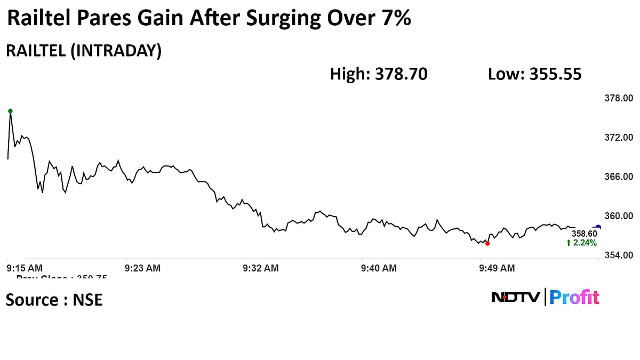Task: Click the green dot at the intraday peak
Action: (10, 111)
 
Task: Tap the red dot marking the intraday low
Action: (487, 243)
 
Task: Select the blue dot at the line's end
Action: (598, 227)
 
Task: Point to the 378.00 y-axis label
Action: (619, 98)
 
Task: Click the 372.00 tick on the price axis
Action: (619, 138)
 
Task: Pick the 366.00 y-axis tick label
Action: (619, 177)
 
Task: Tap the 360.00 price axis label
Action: (619, 216)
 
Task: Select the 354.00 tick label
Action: (619, 255)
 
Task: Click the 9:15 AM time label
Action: (25, 268)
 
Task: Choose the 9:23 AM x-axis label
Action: (142, 268)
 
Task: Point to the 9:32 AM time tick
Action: (261, 268)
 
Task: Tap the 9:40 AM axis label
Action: (379, 268)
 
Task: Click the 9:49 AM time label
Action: (497, 268)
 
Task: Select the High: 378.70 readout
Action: (379, 74)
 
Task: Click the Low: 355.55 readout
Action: (534, 74)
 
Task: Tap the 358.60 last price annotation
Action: (585, 234)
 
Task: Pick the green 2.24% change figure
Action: (581, 243)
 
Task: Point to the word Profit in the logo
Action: (574, 297)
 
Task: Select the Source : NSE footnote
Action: (54, 300)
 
